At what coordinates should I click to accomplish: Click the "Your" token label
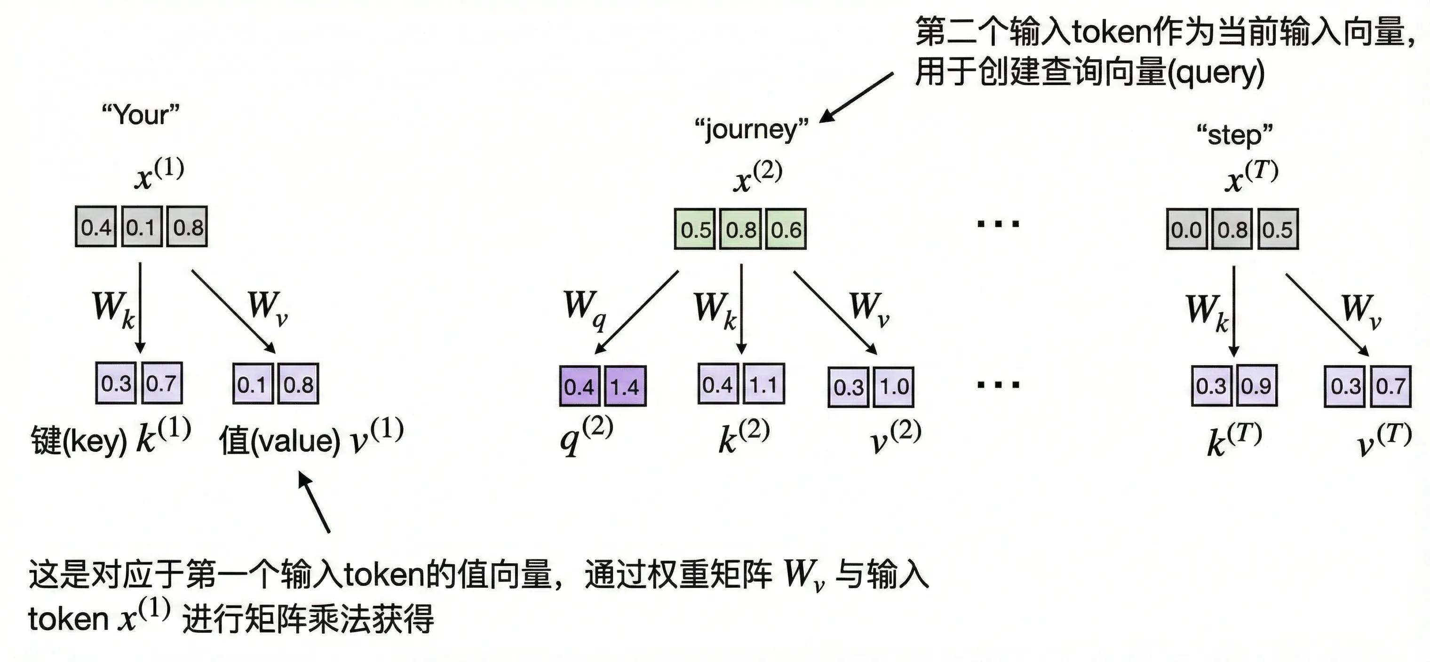point(141,115)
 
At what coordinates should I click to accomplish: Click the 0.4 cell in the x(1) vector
point(96,227)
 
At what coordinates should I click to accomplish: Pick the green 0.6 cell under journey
point(786,229)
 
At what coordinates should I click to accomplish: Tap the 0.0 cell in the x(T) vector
point(1186,229)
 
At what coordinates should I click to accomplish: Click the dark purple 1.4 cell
point(625,386)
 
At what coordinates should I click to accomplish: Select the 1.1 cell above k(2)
point(763,384)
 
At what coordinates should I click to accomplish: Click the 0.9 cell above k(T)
point(1255,386)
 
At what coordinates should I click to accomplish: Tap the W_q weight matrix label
point(584,308)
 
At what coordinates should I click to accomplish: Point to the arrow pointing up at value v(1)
point(314,502)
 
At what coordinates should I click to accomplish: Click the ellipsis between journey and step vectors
point(998,224)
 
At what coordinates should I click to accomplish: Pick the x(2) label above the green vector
point(758,176)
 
